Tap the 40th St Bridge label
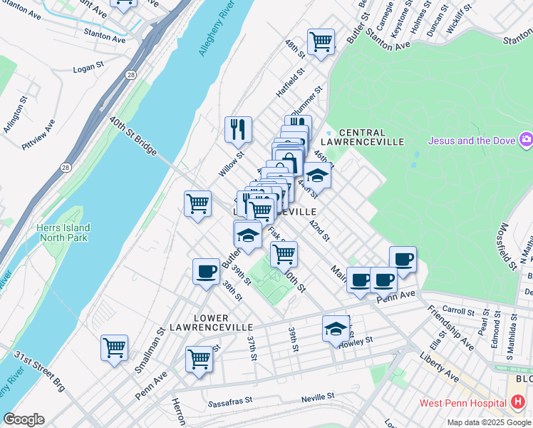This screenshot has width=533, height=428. pyautogui.click(x=133, y=136)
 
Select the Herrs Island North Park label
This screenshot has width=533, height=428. pyautogui.click(x=63, y=233)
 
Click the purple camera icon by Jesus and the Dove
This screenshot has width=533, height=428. pyautogui.click(x=526, y=139)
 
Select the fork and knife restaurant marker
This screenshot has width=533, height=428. pyautogui.click(x=238, y=129)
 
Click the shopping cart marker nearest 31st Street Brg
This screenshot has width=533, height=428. pyautogui.click(x=114, y=348)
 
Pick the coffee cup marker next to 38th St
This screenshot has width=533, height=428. pyautogui.click(x=206, y=272)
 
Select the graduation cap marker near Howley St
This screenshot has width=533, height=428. pyautogui.click(x=336, y=329)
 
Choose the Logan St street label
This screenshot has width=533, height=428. pyautogui.click(x=90, y=71)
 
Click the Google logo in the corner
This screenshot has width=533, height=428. pyautogui.click(x=24, y=419)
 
